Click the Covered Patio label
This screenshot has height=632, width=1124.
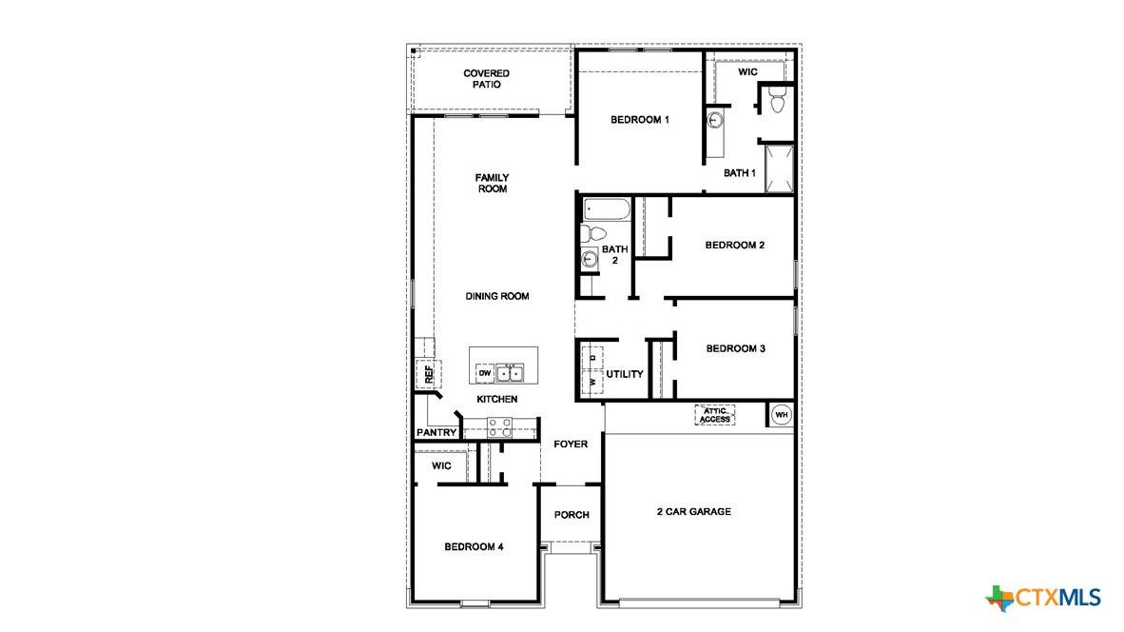tap(486, 79)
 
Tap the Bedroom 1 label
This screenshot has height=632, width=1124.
tap(640, 120)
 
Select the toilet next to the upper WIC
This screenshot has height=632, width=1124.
tap(776, 100)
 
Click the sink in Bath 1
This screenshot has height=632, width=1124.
tap(715, 121)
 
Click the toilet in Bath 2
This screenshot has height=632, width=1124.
tap(592, 233)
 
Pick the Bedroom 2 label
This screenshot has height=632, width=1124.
tap(734, 246)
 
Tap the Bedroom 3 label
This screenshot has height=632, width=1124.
tap(735, 349)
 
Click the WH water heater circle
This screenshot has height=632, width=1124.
tap(781, 415)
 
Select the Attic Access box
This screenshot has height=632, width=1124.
tap(715, 416)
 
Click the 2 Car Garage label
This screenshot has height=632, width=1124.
tap(693, 512)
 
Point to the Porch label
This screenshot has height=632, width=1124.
tap(572, 515)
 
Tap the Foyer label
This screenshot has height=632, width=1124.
tap(571, 444)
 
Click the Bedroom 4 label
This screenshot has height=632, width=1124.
tap(474, 547)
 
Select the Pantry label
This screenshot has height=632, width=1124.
tap(436, 433)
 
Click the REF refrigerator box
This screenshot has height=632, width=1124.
tap(428, 374)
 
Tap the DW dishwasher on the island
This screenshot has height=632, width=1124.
tap(484, 373)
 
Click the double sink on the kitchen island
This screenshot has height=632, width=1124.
tap(511, 372)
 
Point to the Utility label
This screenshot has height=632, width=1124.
tap(625, 375)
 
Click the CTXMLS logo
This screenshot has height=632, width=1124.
tap(1043, 598)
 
